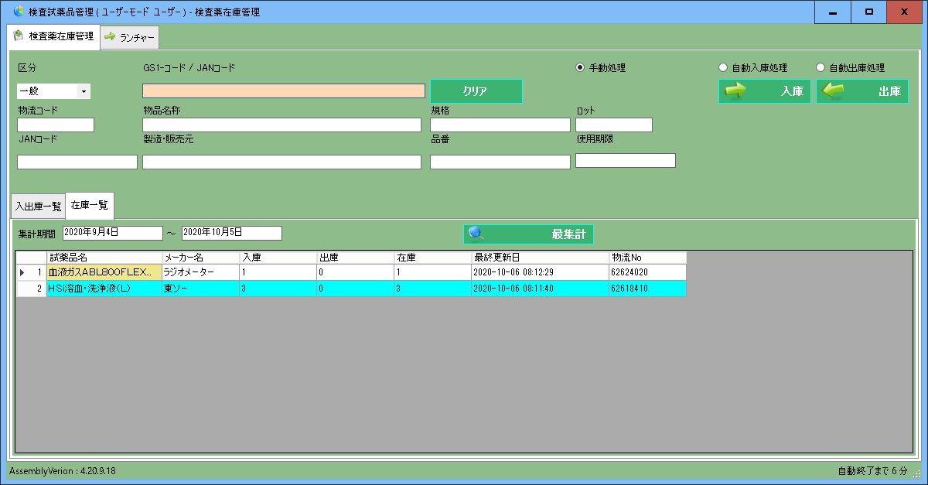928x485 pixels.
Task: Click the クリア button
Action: coord(476,91)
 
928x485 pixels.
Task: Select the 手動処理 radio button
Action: coord(580,67)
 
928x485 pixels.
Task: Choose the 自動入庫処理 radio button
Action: coord(723,67)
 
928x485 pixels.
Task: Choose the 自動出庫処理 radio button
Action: coord(821,67)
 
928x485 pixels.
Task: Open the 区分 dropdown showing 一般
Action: coord(53,91)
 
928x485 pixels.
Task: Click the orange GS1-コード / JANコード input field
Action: coord(283,91)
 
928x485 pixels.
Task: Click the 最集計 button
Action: coord(528,234)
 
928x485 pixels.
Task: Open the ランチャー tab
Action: coord(130,37)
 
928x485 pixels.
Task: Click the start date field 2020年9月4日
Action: coord(112,233)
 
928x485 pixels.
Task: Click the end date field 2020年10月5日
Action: coord(231,233)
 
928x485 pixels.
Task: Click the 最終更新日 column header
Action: coord(540,257)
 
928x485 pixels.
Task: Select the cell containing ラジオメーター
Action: coord(200,272)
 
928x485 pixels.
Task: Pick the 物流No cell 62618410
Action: coord(647,289)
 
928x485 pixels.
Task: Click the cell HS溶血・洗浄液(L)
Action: coord(104,289)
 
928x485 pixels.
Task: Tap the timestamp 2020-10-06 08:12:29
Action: coord(540,272)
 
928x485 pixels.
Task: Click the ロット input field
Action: coord(614,125)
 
